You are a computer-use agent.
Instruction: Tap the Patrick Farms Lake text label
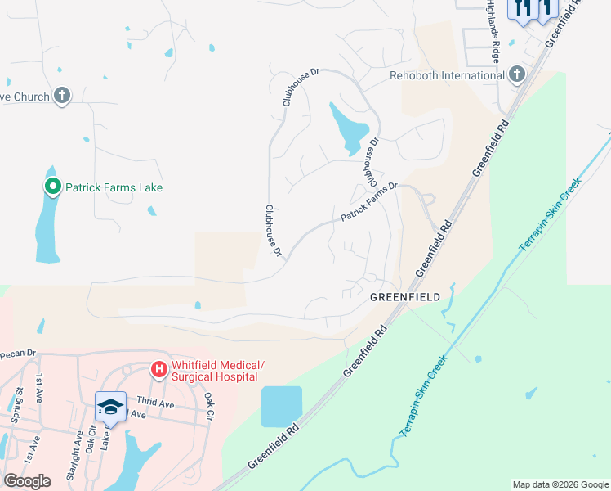tap(114, 187)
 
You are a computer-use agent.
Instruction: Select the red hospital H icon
tap(158, 371)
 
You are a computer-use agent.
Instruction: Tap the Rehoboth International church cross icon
tap(515, 75)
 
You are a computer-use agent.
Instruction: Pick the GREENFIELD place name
tap(405, 296)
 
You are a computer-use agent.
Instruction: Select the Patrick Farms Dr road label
tap(368, 201)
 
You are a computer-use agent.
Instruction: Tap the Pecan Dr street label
tap(19, 354)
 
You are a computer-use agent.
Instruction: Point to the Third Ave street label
tap(155, 403)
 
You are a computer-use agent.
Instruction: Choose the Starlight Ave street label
tap(76, 447)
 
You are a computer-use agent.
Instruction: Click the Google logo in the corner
tap(27, 480)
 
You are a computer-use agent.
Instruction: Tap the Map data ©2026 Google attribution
tap(560, 484)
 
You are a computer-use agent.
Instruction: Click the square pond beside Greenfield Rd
tap(281, 407)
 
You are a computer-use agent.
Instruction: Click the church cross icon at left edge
tap(61, 96)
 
